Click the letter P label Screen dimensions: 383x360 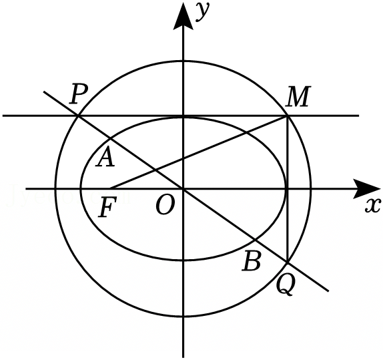tap(78, 95)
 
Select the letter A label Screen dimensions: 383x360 tap(105, 158)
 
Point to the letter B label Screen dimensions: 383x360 tap(252, 261)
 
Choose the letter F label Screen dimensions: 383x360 tap(107, 208)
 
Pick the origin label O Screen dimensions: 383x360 tap(165, 206)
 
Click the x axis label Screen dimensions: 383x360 tap(373, 205)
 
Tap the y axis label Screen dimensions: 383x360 tap(204, 13)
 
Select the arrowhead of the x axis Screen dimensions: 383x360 tap(366, 189)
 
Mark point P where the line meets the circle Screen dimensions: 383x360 tap(78, 116)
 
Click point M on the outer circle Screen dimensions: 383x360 tap(288, 116)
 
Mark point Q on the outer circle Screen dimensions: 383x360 tap(288, 262)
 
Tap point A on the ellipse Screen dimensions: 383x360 tap(111, 139)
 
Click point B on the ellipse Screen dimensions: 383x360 tap(255, 240)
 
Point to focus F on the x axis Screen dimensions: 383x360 tap(110, 188)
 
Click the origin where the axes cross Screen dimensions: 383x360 tap(183, 189)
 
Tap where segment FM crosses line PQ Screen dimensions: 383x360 tap(155, 170)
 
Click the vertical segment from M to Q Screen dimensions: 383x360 tap(288, 189)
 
